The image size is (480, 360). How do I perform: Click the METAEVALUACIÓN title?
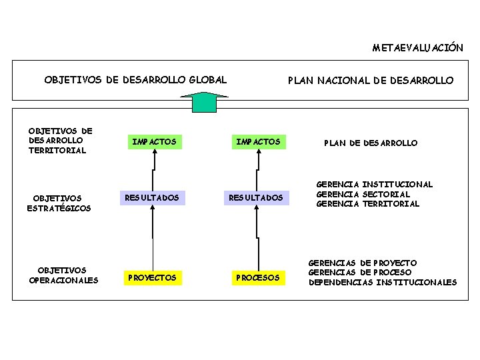(417, 48)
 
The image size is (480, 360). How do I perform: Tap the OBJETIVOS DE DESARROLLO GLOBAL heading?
(135, 80)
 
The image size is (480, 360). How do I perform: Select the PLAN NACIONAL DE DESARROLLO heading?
(370, 81)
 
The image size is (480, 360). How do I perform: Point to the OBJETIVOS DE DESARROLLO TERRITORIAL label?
(60, 141)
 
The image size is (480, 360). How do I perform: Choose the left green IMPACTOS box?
(154, 142)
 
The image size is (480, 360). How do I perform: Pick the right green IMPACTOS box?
(258, 142)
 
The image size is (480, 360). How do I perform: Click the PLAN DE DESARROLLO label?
(371, 143)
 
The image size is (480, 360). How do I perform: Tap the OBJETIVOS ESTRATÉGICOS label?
(59, 203)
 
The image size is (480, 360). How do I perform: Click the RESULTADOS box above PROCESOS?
(256, 197)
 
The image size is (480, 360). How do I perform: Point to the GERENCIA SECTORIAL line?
(363, 194)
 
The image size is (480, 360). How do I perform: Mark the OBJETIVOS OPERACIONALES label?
(63, 275)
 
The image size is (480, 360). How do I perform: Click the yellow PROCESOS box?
(257, 277)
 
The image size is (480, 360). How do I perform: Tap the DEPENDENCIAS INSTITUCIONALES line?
(382, 283)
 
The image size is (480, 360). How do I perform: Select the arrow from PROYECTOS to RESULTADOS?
(153, 237)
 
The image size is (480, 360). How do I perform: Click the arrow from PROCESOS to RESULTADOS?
(257, 237)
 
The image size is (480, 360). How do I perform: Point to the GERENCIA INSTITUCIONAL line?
(374, 184)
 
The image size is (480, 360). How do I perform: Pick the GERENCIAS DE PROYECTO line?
(362, 263)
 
